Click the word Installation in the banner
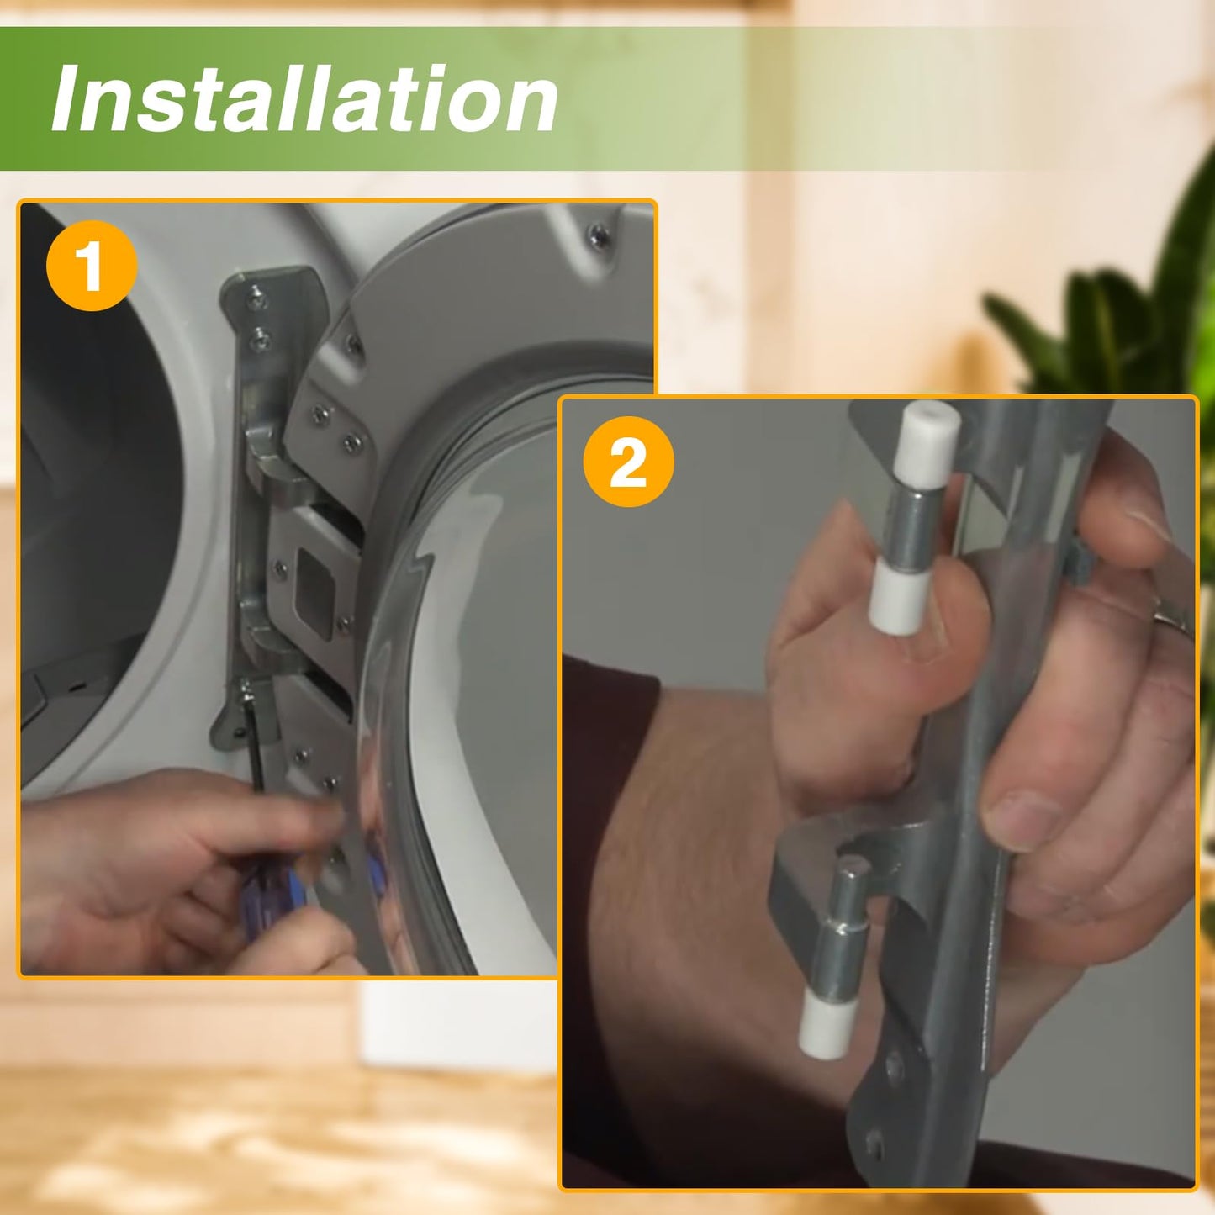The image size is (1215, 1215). (304, 99)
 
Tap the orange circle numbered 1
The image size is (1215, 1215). (92, 266)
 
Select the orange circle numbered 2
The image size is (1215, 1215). (629, 462)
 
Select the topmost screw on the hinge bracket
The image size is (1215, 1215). (256, 297)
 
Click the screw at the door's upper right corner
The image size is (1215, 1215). (599, 236)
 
